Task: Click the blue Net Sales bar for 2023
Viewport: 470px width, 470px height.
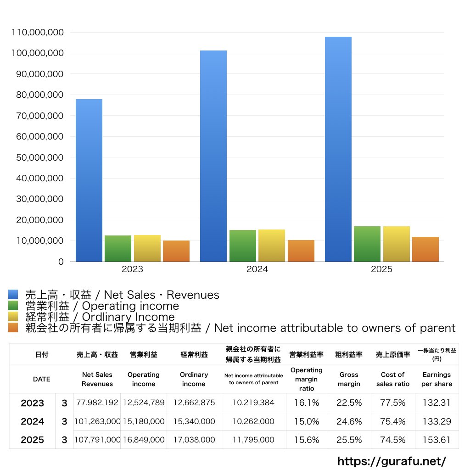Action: [x=89, y=180]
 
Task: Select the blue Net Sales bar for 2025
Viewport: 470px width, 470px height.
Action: [x=338, y=149]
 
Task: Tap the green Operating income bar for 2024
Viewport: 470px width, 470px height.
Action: [x=243, y=246]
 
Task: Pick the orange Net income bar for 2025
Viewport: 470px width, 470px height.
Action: [x=425, y=249]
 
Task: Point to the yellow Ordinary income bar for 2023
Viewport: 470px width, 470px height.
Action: [x=147, y=248]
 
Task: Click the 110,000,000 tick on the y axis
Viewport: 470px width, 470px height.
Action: [x=38, y=33]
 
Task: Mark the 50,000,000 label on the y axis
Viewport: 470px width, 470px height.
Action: [x=40, y=157]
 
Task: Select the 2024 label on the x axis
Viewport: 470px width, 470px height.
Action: [x=257, y=269]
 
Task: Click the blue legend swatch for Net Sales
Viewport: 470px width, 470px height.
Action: [x=13, y=294]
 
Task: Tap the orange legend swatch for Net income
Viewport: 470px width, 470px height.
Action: [x=13, y=328]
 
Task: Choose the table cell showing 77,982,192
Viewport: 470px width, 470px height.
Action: [x=97, y=403]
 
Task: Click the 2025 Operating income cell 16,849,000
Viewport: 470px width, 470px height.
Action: [x=144, y=440]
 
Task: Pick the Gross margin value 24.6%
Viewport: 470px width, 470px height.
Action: [x=349, y=421]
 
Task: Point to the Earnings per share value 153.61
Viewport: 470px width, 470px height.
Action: [x=437, y=440]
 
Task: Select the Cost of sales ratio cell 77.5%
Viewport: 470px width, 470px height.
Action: [x=393, y=403]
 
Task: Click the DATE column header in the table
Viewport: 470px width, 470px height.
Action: [x=42, y=379]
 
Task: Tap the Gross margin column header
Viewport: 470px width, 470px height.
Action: [x=349, y=379]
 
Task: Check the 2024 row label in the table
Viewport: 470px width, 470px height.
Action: [x=33, y=421]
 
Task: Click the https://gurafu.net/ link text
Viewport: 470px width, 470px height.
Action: [x=392, y=461]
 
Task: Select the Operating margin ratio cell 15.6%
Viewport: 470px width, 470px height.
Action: [x=306, y=440]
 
